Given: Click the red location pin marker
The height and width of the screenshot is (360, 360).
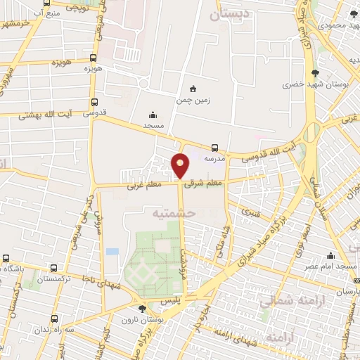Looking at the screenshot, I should [x=181, y=166].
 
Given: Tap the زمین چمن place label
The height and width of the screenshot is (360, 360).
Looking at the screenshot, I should [x=194, y=101].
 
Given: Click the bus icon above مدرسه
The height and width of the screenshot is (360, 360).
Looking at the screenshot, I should [x=214, y=148].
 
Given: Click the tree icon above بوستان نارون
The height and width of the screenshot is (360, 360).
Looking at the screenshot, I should [x=143, y=309].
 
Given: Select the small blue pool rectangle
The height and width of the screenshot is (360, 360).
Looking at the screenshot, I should [x=112, y=251].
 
